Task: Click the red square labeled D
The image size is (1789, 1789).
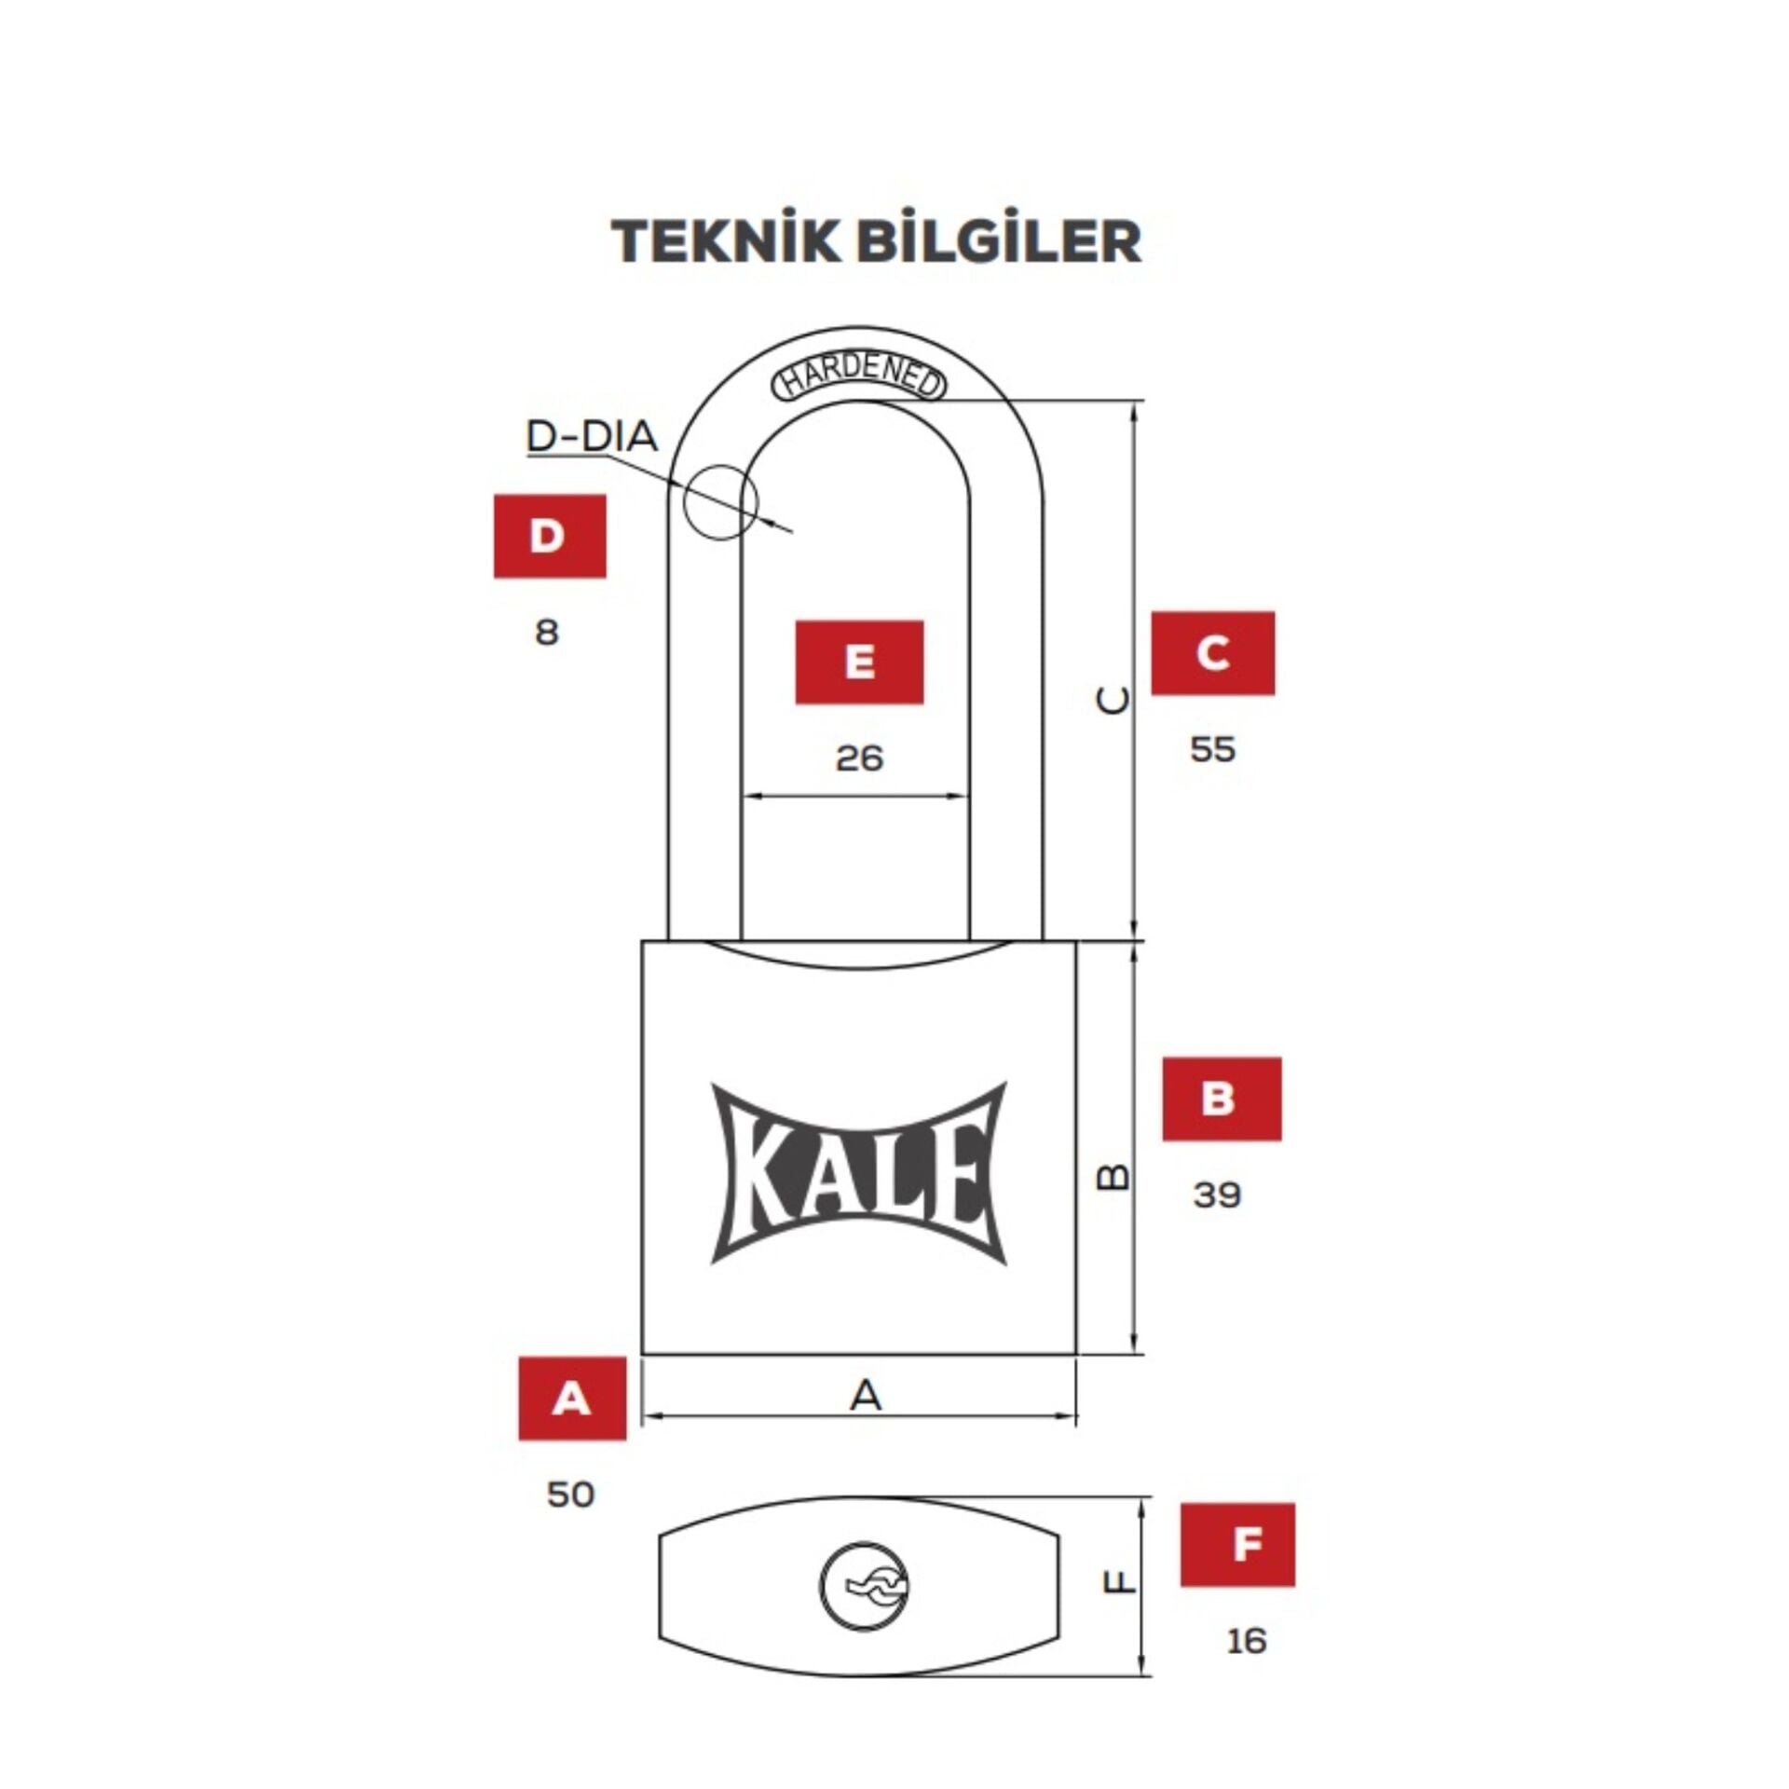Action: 550,536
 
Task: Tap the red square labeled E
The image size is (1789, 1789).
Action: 859,662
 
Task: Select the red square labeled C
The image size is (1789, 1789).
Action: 1212,653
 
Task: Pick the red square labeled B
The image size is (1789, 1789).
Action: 1222,1099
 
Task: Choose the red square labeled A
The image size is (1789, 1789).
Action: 572,1399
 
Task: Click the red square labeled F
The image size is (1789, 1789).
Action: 1237,1545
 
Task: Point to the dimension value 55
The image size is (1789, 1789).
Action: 1212,750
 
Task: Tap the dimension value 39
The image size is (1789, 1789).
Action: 1217,1195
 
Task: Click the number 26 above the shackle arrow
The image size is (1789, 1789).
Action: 859,758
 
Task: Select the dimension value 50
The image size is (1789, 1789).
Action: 570,1495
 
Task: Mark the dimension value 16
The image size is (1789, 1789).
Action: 1247,1640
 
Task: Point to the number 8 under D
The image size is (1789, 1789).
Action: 547,633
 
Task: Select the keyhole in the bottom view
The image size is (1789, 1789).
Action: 866,1586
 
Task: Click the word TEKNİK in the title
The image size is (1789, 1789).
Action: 725,241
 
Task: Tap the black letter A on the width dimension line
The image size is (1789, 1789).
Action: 866,1395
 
